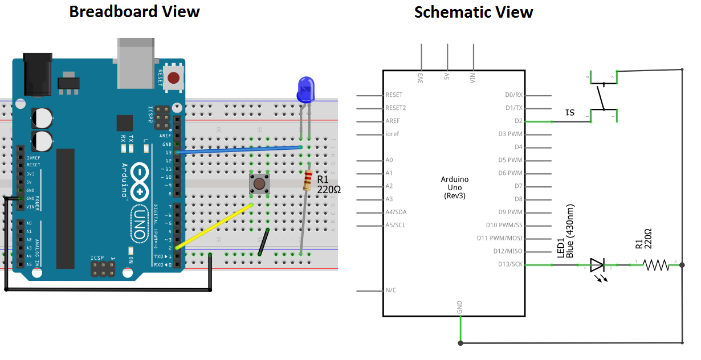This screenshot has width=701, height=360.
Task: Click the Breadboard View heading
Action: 135,11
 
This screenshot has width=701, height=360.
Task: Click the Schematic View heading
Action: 474,12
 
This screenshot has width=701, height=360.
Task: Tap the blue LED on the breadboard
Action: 305,90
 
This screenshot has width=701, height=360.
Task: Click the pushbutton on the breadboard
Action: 259,183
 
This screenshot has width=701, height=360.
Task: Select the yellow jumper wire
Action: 214,226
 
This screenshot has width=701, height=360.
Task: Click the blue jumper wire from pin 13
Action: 239,150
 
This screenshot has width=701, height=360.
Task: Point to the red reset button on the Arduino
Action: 174,77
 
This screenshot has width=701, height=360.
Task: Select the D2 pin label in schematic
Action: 518,121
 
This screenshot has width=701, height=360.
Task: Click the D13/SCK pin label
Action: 510,264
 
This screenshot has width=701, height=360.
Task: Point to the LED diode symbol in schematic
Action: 597,265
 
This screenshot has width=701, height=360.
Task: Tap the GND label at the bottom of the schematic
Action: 460,308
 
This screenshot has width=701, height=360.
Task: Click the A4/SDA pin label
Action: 396,212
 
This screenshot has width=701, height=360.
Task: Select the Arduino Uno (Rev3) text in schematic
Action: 454,187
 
